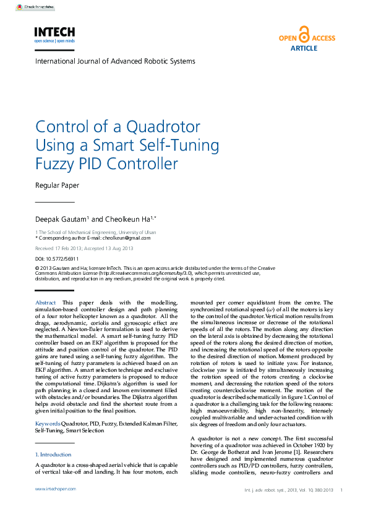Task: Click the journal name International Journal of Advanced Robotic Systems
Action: (115, 61)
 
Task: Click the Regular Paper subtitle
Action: (57, 185)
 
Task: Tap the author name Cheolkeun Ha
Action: (116, 219)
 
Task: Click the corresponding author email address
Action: (126, 237)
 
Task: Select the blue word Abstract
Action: (46, 302)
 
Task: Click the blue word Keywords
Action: (48, 423)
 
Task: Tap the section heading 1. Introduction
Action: (54, 454)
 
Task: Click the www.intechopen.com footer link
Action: (55, 489)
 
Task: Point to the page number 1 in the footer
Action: (341, 490)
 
